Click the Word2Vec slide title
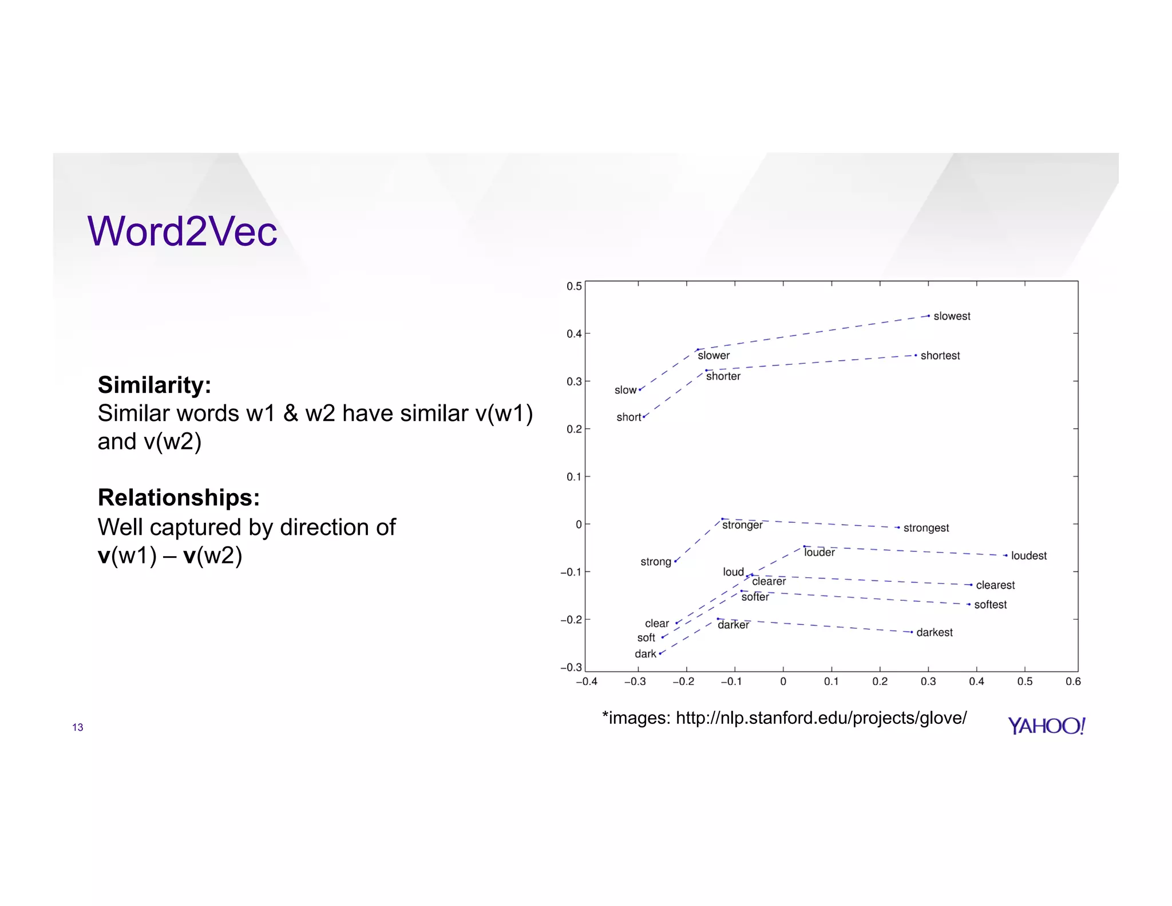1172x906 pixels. [x=182, y=231]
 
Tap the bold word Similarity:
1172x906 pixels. [x=154, y=385]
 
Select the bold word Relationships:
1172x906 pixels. [x=179, y=498]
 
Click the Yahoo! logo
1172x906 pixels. [x=1046, y=726]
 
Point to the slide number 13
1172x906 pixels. [x=78, y=727]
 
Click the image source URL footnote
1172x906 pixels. [x=784, y=718]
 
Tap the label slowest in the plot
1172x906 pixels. [x=952, y=316]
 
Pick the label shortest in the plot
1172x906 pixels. [x=940, y=356]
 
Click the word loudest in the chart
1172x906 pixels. [x=1028, y=556]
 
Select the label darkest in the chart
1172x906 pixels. [x=935, y=632]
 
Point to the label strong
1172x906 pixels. [x=655, y=562]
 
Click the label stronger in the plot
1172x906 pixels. [x=742, y=525]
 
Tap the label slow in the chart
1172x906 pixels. [x=625, y=390]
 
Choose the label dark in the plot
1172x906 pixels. [x=645, y=654]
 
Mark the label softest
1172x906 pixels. [x=991, y=605]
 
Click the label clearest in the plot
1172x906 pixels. [x=995, y=585]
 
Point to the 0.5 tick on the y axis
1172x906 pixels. [x=574, y=286]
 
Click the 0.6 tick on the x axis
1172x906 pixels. [x=1073, y=682]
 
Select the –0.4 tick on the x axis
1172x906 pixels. [x=586, y=682]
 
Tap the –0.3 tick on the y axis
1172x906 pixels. [x=571, y=667]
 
